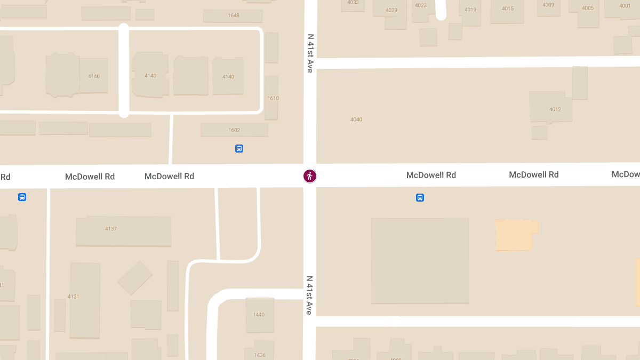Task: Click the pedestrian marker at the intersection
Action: click(x=310, y=176)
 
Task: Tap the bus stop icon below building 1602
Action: click(x=239, y=149)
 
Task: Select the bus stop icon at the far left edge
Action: click(x=22, y=197)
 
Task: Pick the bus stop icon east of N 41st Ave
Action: click(x=420, y=198)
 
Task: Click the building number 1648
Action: click(x=234, y=15)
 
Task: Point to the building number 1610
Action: click(x=273, y=98)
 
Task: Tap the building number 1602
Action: click(x=234, y=130)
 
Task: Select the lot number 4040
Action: click(x=356, y=119)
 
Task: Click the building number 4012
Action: click(x=555, y=109)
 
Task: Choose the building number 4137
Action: click(x=111, y=229)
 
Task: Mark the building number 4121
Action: click(x=74, y=297)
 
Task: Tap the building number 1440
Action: click(x=259, y=315)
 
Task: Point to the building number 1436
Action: click(x=260, y=355)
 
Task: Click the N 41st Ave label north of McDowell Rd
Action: click(x=310, y=53)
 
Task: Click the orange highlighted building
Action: click(x=515, y=235)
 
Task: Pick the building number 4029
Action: click(x=391, y=10)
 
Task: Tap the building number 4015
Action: click(x=508, y=9)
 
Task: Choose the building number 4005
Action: click(x=588, y=8)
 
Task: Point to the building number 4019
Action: click(x=470, y=10)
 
